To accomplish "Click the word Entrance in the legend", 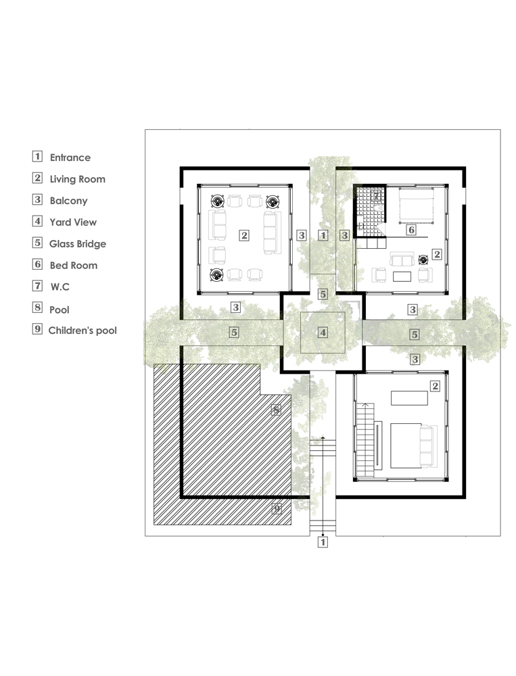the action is point(70,158).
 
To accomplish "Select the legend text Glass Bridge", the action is point(78,243).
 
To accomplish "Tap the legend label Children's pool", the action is point(83,331).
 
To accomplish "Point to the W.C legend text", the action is point(60,287).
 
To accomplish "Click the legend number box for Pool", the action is point(38,307).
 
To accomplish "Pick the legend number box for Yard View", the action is point(38,221).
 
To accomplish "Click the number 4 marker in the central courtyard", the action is point(323,333).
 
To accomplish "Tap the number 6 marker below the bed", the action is point(411,230).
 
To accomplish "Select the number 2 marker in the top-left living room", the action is point(244,235).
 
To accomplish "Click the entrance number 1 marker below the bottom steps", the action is point(323,542).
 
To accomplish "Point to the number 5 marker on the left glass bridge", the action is point(234,332).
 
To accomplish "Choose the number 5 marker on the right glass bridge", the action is point(414,334).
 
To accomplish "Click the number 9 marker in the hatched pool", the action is point(277,509).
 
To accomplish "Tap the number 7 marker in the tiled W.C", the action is point(377,195).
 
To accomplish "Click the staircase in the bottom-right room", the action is point(365,440).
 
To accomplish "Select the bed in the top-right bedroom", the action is point(416,206).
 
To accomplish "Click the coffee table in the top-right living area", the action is point(402,276).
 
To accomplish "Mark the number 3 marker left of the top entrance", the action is point(302,235).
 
